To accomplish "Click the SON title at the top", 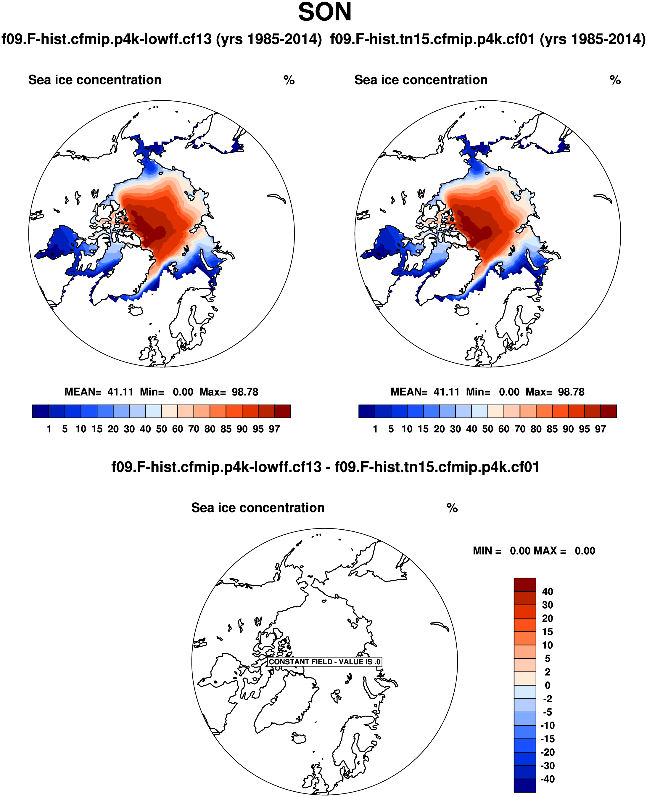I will click(x=325, y=12).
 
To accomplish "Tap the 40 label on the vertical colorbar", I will click(x=547, y=592).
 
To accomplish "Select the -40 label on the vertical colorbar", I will click(x=547, y=779).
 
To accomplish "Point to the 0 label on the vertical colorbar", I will click(x=547, y=685).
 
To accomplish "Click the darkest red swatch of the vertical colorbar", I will click(x=525, y=584).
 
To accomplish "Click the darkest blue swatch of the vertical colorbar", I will click(x=525, y=785).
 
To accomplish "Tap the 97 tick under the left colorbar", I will click(x=274, y=429).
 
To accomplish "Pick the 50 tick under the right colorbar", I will click(x=487, y=429).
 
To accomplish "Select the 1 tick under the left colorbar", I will click(x=49, y=429).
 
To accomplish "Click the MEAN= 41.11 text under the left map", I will click(x=99, y=392).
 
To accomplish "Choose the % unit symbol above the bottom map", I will click(x=452, y=508).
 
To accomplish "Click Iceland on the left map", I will click(x=135, y=310).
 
